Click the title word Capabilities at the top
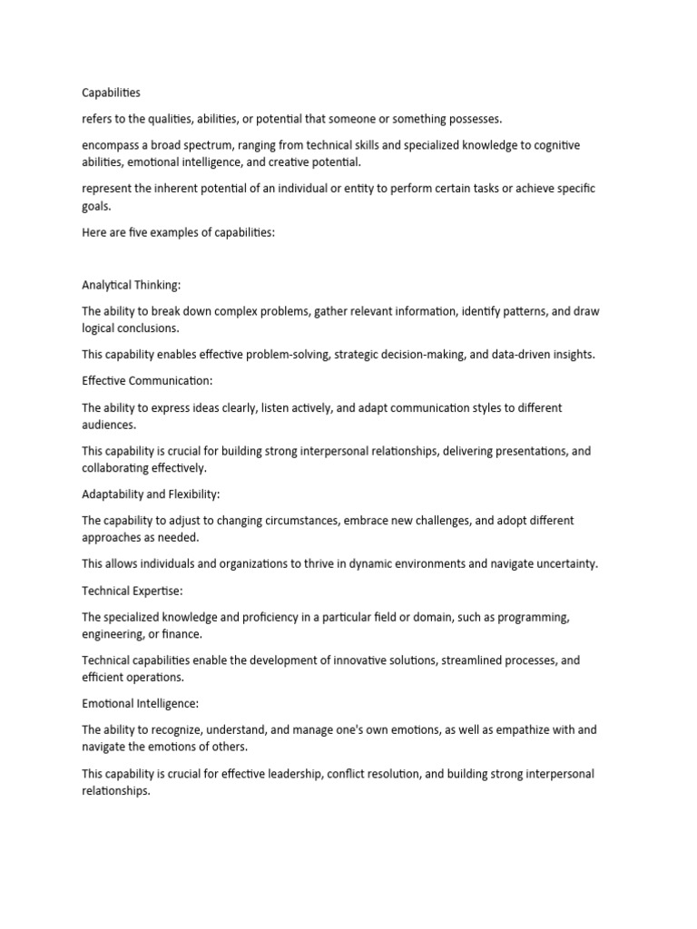tap(112, 93)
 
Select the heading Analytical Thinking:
tap(132, 285)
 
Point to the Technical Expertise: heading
tap(133, 591)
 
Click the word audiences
tap(111, 424)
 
